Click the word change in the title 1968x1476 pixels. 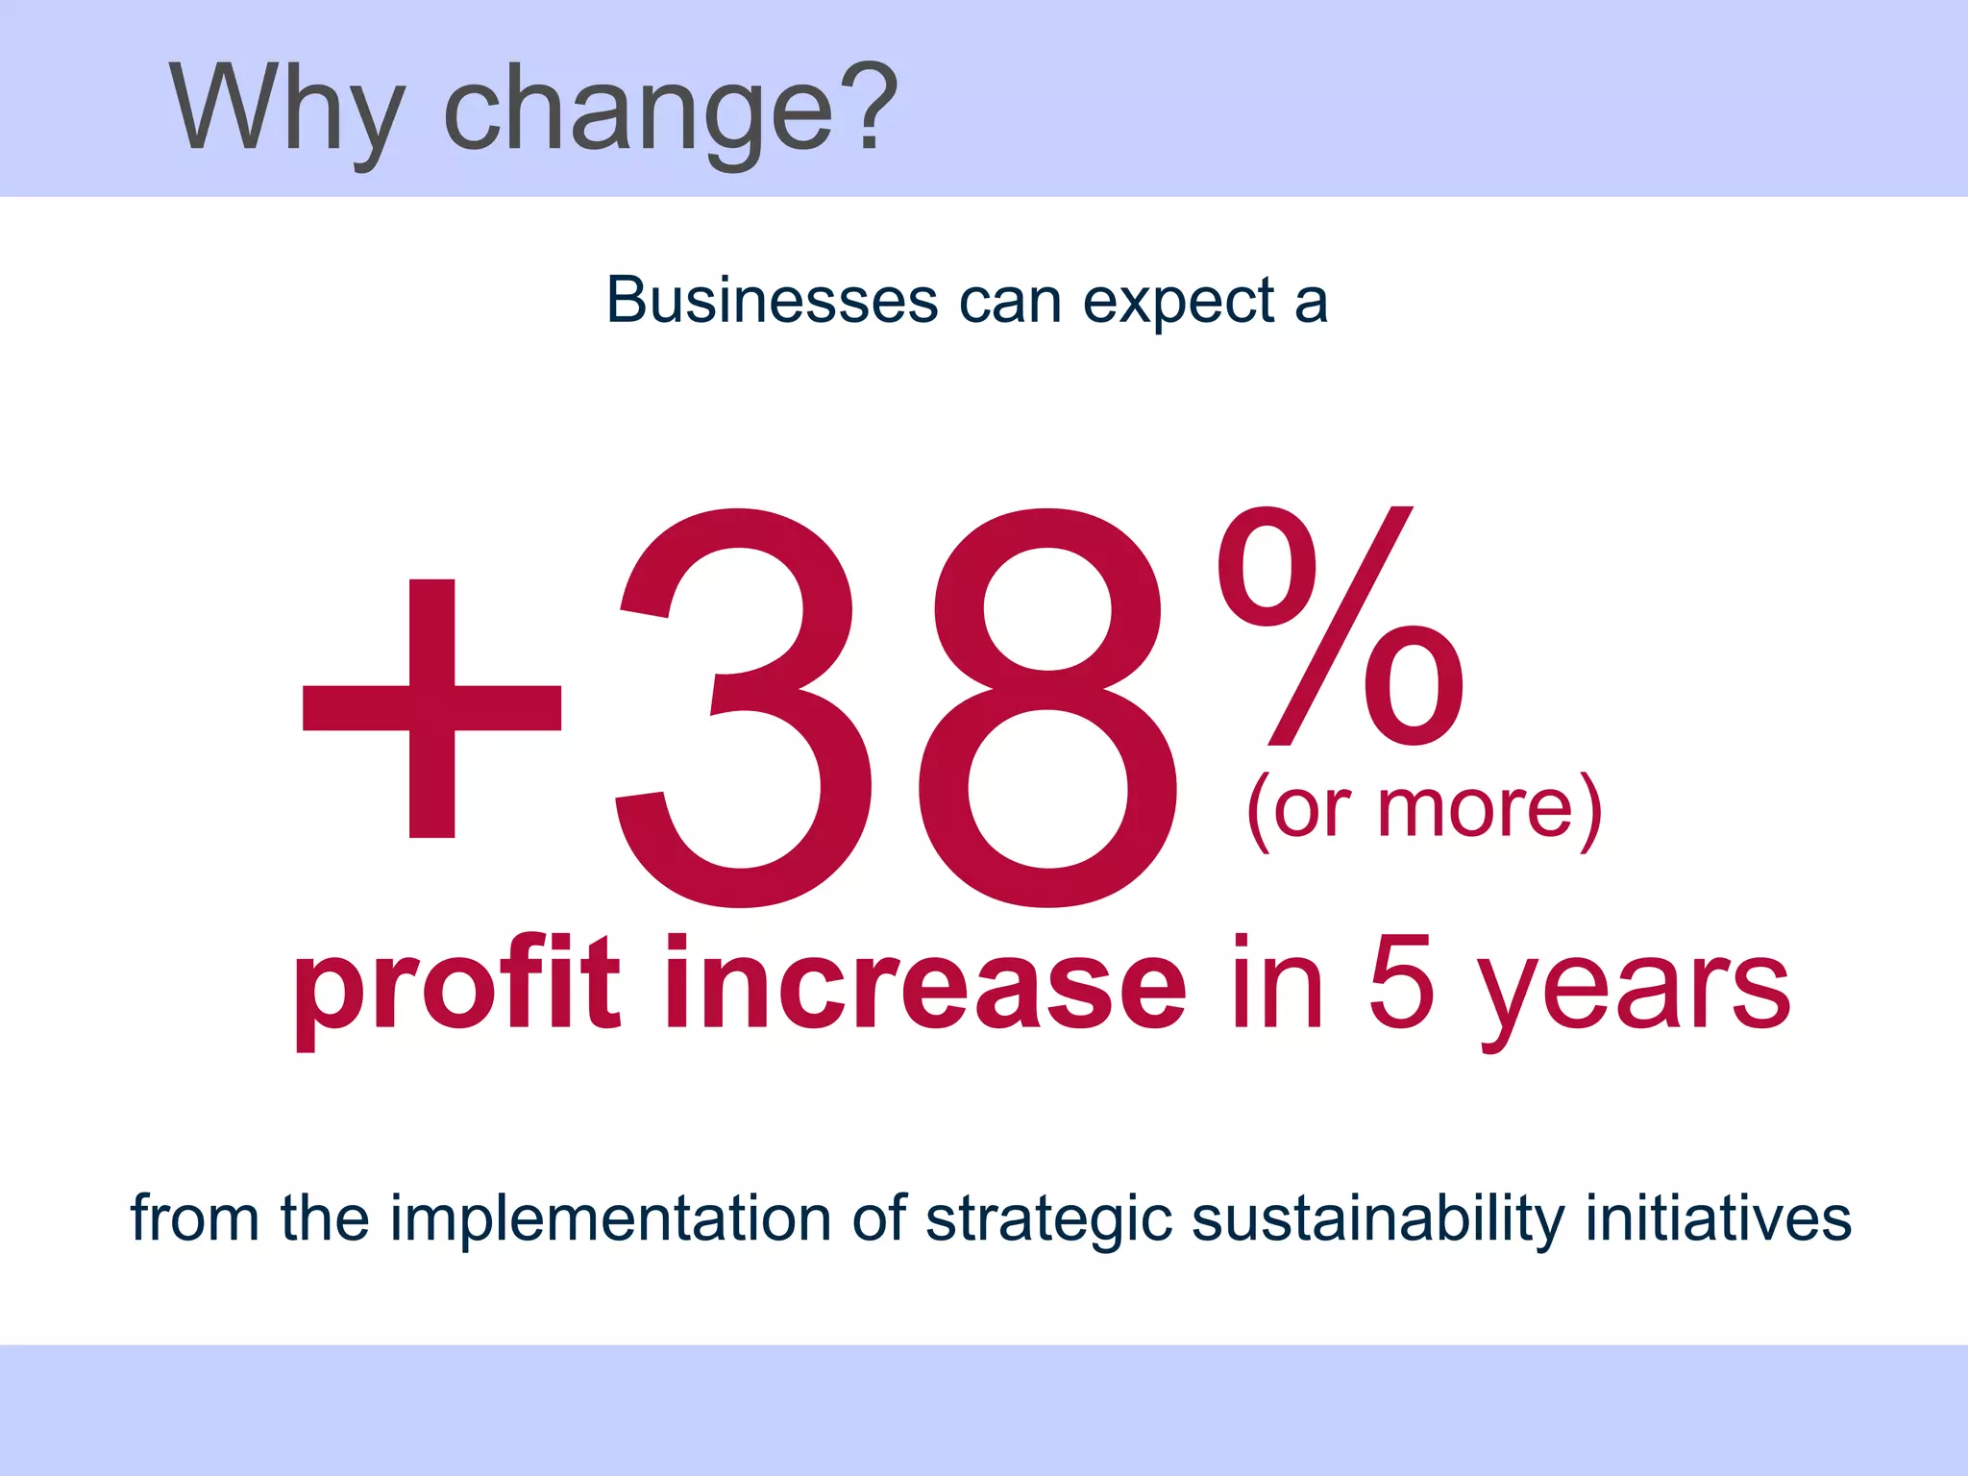pyautogui.click(x=638, y=111)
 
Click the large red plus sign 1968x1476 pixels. pyautogui.click(x=431, y=708)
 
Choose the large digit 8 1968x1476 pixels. pyautogui.click(x=1047, y=708)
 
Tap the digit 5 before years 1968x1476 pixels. pyautogui.click(x=1401, y=984)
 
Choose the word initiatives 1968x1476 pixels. pyautogui.click(x=1719, y=1218)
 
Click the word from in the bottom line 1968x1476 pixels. pyautogui.click(x=195, y=1218)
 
